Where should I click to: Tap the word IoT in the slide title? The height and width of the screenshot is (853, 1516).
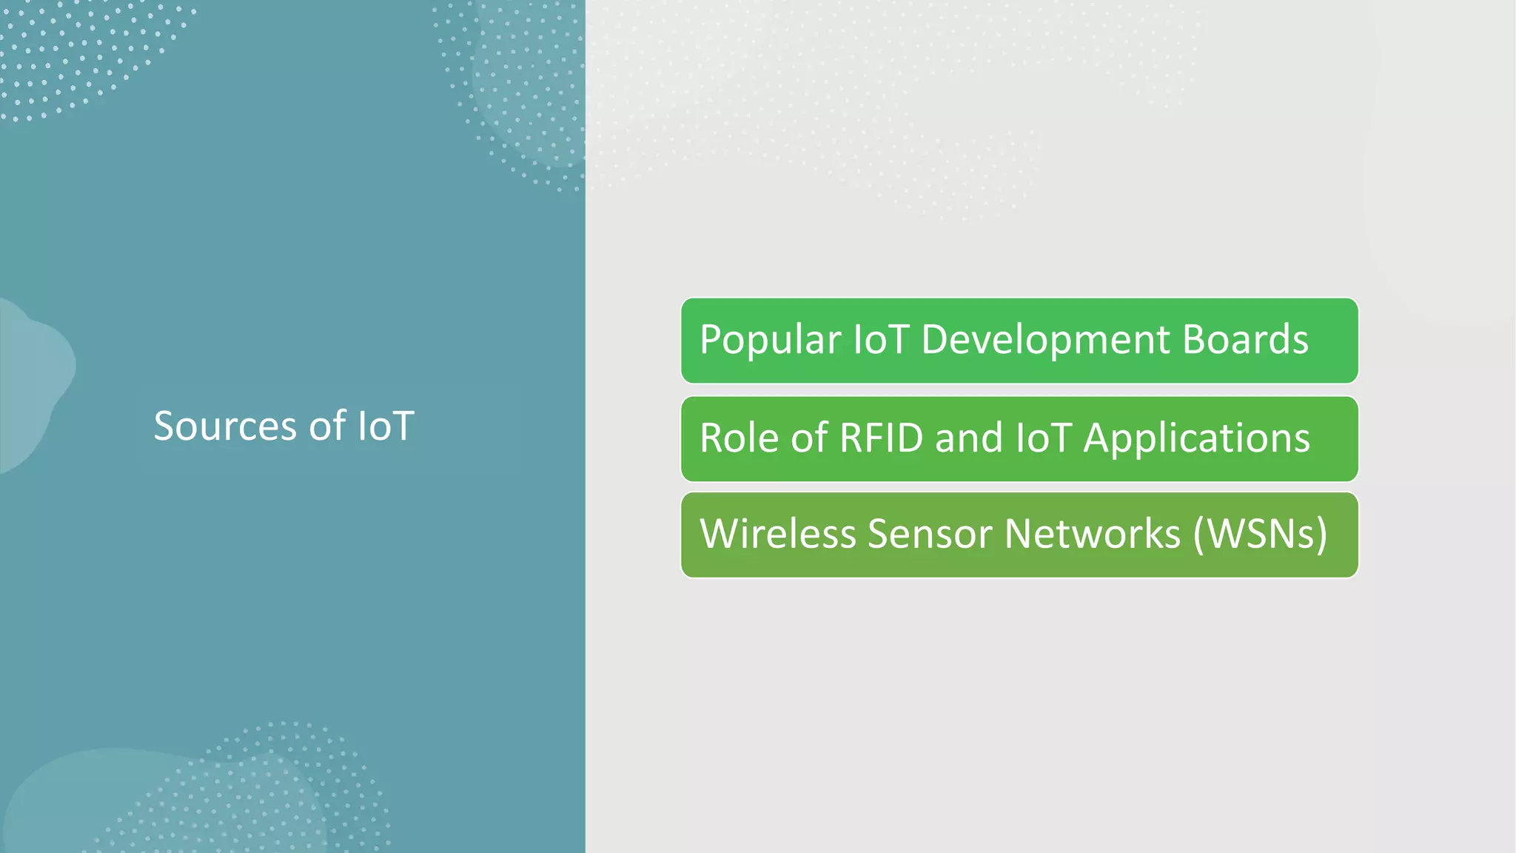[x=385, y=426]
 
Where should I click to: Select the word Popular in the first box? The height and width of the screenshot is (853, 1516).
[x=770, y=340]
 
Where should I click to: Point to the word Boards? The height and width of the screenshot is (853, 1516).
[x=1245, y=340]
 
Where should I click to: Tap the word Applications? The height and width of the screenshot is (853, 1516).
[x=1196, y=438]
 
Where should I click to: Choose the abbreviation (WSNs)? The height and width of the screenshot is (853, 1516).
[x=1260, y=534]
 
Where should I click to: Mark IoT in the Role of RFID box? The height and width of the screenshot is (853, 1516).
[x=1044, y=438]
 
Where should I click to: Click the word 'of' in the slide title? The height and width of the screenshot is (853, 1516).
[x=326, y=426]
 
